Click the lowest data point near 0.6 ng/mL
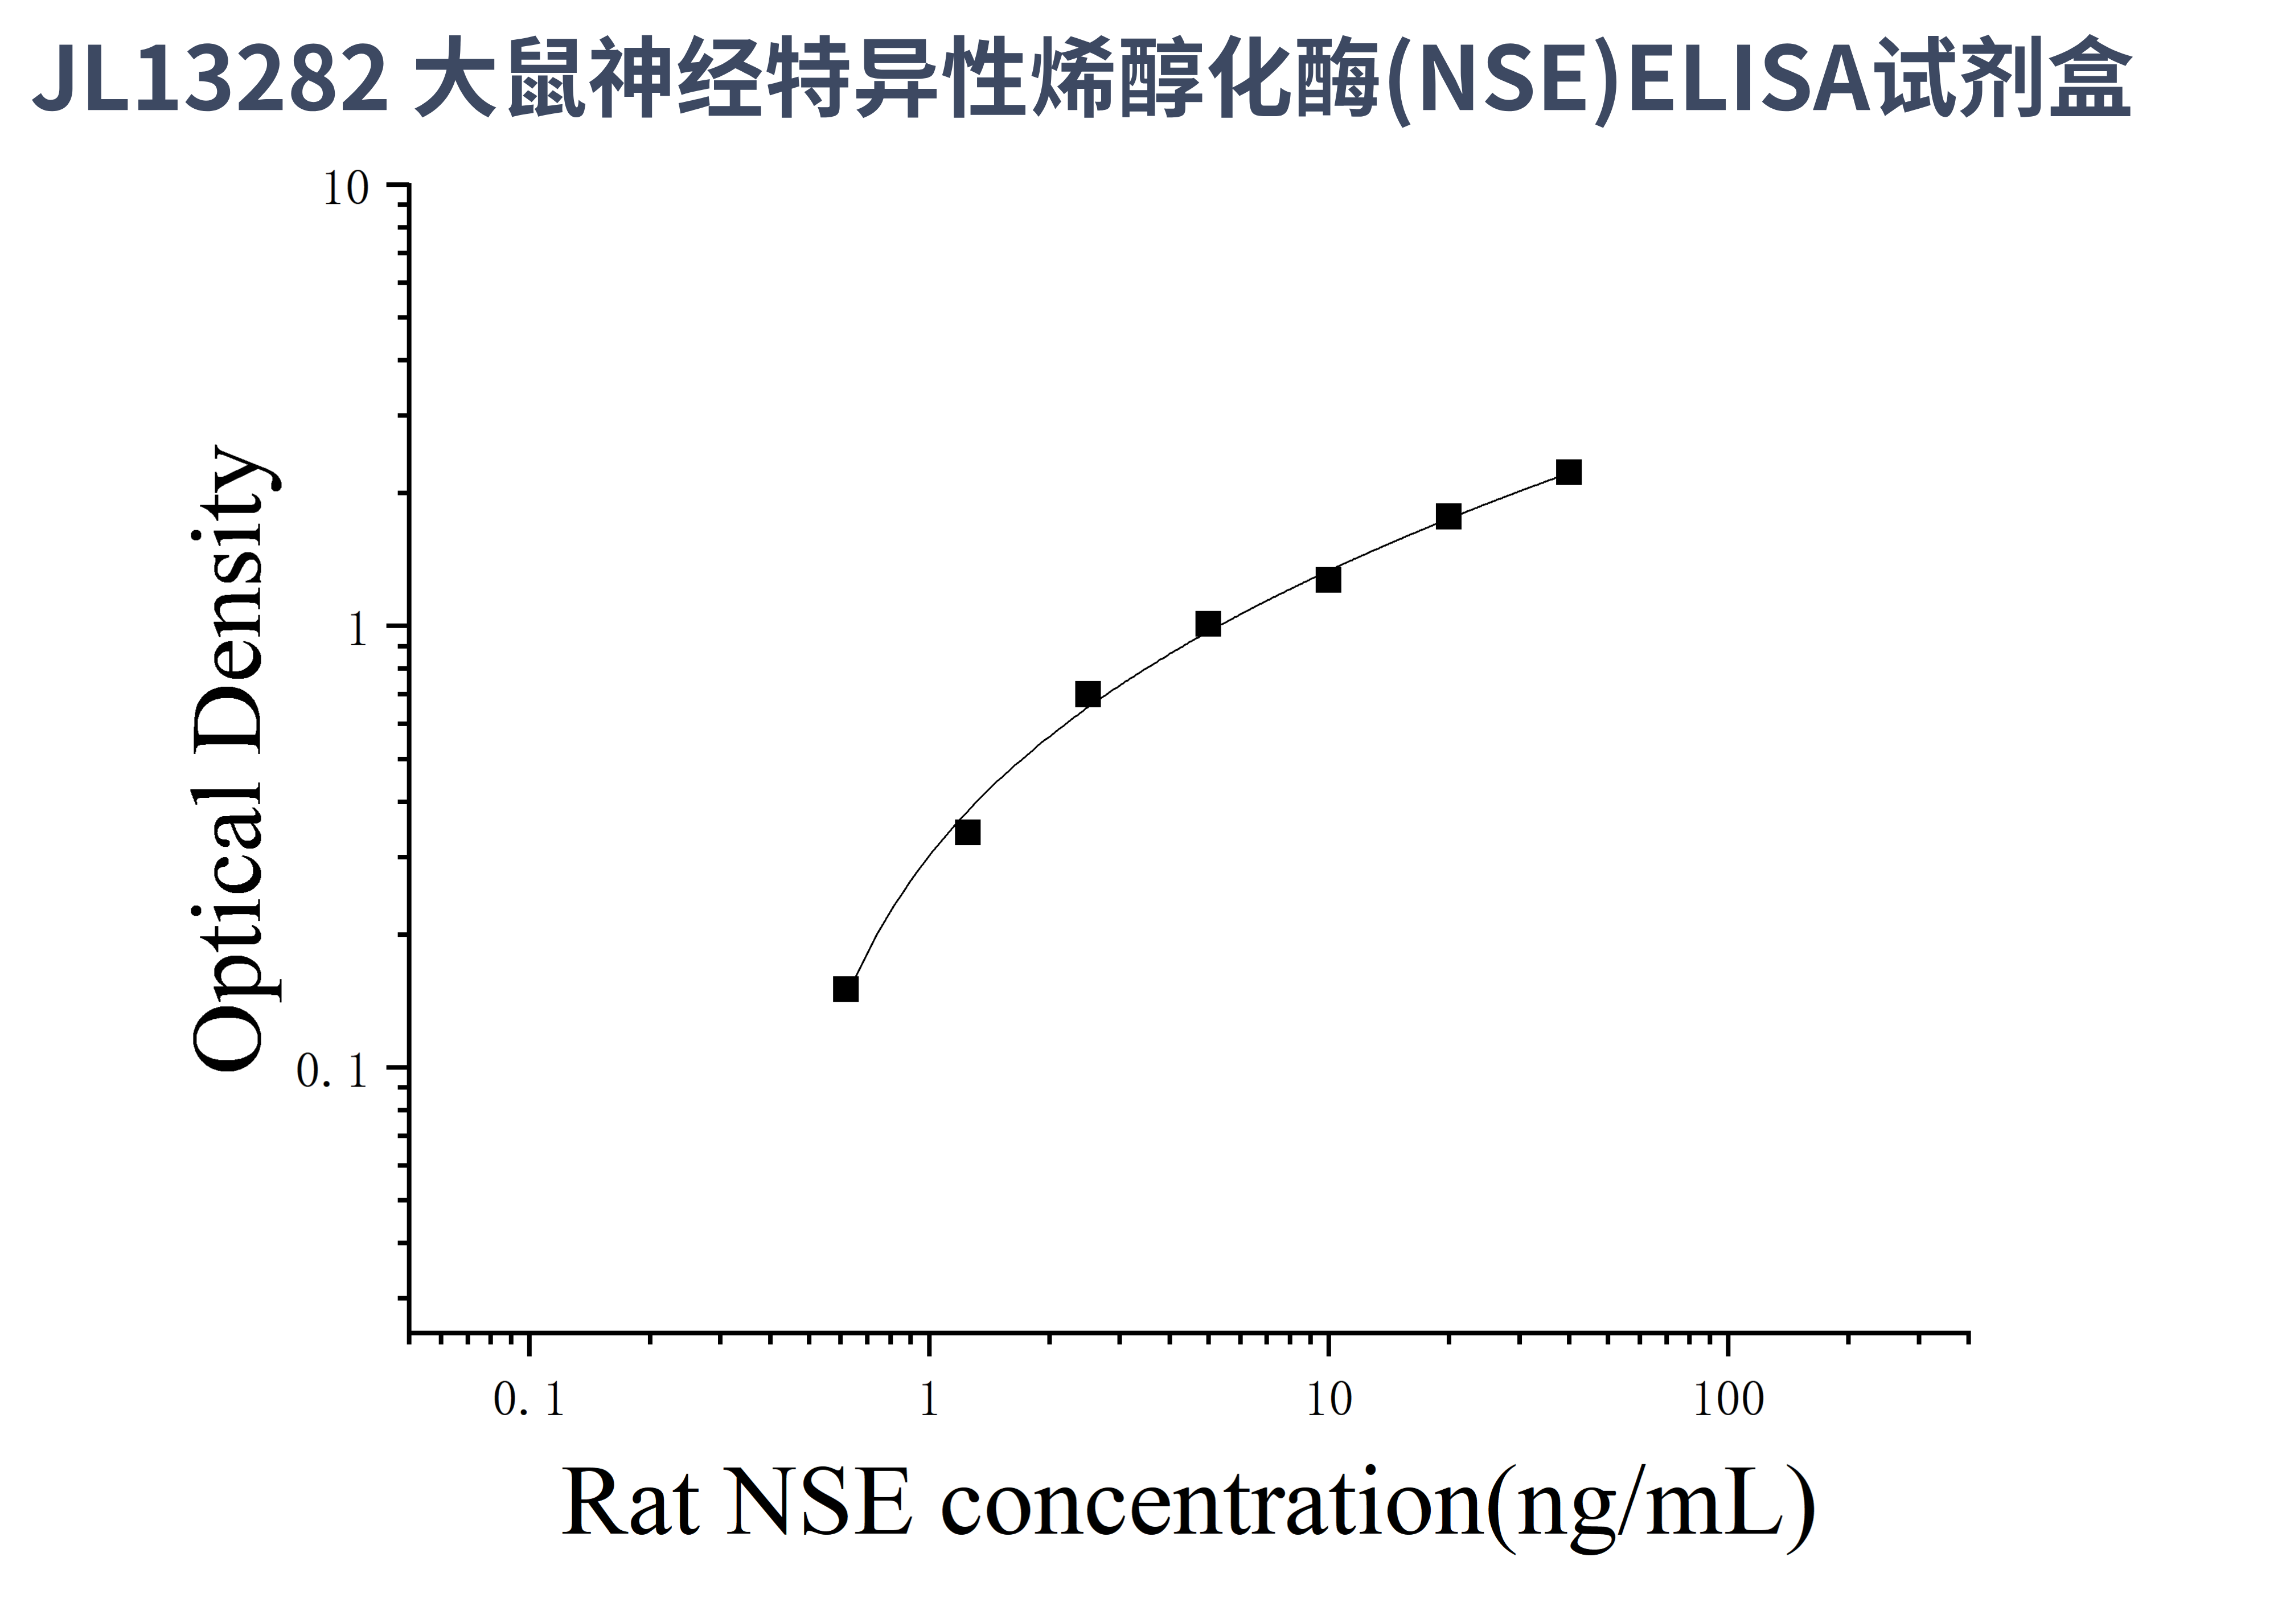coord(846,989)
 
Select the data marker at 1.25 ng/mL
coord(967,831)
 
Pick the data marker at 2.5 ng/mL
coord(1087,694)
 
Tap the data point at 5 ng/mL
coord(1208,624)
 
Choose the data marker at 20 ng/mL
coord(1448,516)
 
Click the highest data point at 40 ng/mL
coord(1568,472)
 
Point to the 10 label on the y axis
coord(346,188)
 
